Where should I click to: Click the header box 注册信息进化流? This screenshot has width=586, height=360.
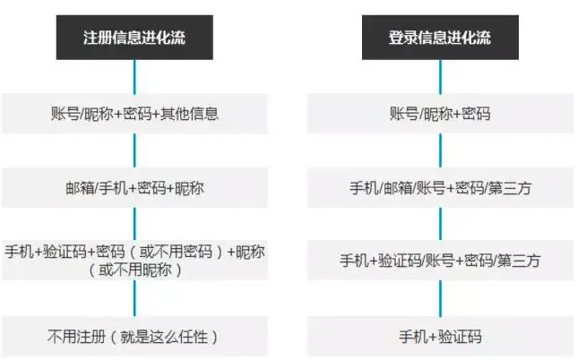tap(134, 39)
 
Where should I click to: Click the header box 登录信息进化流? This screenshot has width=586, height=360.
tap(440, 39)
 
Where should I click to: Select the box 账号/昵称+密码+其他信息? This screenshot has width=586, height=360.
tap(134, 114)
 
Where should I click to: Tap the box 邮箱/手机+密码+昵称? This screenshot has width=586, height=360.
tap(134, 188)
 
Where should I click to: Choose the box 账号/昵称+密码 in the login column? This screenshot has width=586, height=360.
tap(440, 114)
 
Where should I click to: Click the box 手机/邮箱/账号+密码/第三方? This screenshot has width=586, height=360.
tap(440, 188)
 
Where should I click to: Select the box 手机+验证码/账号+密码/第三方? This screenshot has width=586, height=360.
tap(440, 261)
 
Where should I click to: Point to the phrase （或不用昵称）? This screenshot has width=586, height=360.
tap(134, 270)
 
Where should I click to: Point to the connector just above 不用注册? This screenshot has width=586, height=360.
tap(134, 299)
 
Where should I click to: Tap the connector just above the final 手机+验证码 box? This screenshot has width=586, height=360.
tap(440, 299)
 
